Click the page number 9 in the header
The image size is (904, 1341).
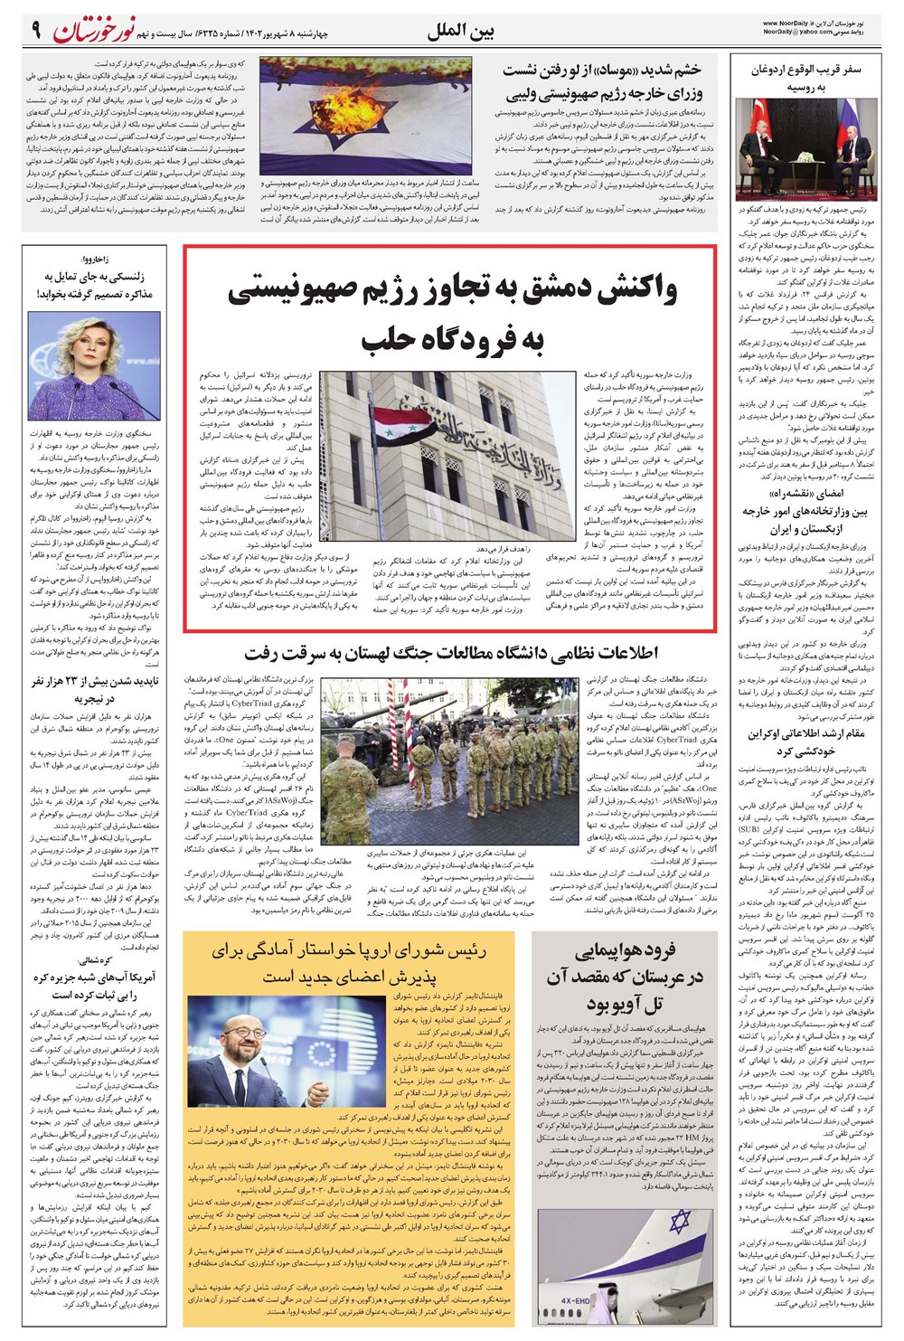36,30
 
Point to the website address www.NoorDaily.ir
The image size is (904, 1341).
790,23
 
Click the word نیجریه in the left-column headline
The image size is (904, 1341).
96,699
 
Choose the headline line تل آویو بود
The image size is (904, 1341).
624,1004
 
